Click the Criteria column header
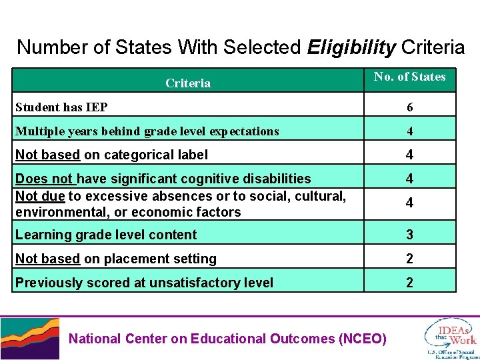click(188, 83)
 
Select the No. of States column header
click(409, 77)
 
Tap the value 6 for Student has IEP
click(409, 107)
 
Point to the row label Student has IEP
click(61, 107)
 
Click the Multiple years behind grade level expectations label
click(147, 131)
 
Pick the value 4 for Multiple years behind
click(409, 131)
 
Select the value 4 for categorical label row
click(409, 155)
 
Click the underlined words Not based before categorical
click(47, 155)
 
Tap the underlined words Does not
click(45, 179)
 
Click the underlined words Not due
click(39, 195)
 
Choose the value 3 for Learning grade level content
click(409, 235)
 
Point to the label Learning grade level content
click(106, 235)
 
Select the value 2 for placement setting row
click(409, 259)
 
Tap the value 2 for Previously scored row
click(409, 283)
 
